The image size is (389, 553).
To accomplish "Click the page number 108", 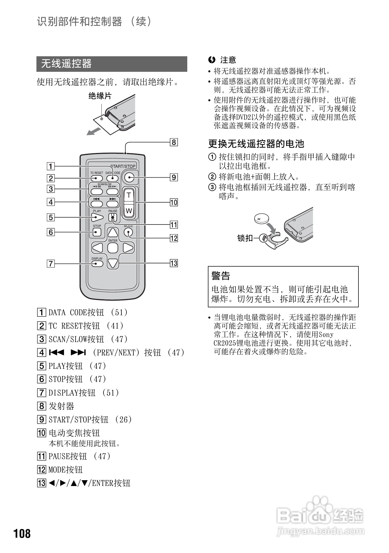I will [x=22, y=533].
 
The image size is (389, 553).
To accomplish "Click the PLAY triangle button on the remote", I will [x=97, y=217].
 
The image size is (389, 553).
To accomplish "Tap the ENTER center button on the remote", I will [x=113, y=248].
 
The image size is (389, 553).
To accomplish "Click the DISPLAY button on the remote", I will [x=97, y=264].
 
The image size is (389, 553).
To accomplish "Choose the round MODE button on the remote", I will [x=128, y=232].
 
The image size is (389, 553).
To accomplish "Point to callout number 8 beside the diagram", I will [x=174, y=142].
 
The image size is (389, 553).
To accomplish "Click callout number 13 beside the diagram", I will [x=174, y=263].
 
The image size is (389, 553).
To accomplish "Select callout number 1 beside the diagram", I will [x=51, y=166].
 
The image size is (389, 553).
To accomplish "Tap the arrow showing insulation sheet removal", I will [x=94, y=132].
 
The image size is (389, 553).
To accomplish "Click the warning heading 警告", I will [x=221, y=276].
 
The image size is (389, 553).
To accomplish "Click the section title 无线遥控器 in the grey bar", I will [x=66, y=64].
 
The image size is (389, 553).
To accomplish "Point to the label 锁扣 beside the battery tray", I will [x=245, y=238].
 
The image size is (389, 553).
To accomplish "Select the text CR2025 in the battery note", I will [x=225, y=343].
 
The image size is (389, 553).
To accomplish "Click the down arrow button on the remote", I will [x=113, y=264].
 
